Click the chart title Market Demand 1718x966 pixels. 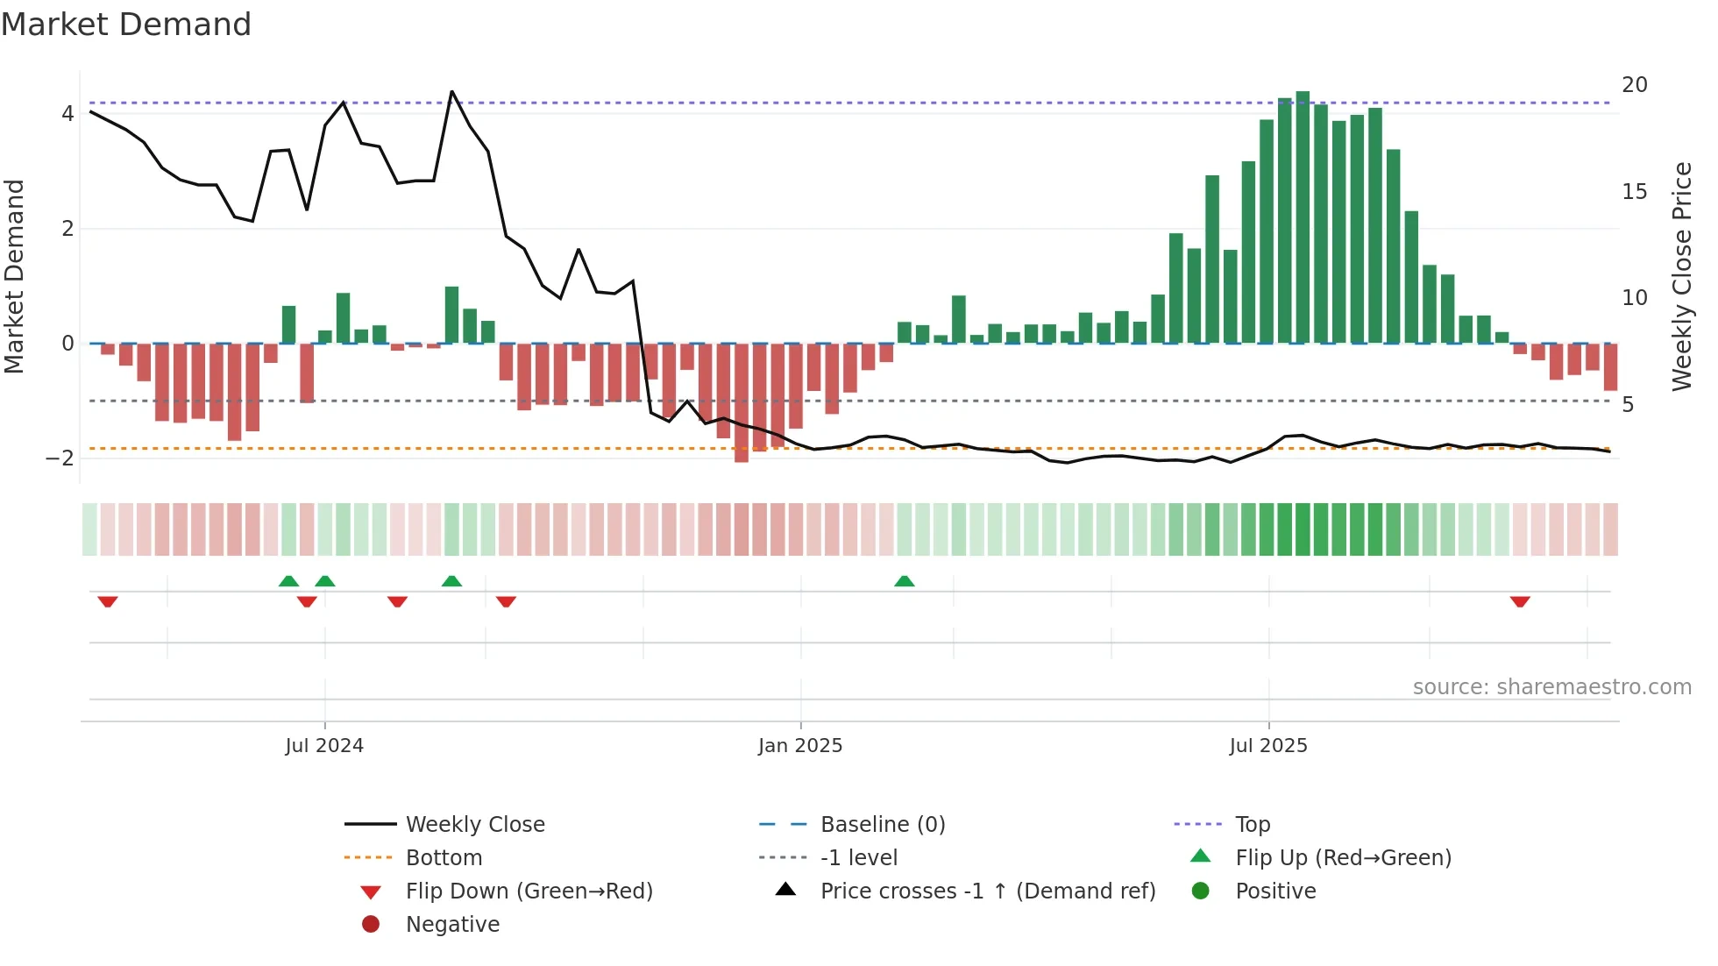126,25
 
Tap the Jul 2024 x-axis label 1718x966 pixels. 324,746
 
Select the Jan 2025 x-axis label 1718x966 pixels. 800,746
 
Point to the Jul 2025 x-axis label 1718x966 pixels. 1268,746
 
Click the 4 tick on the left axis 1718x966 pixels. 67,114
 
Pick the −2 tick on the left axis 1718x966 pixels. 60,458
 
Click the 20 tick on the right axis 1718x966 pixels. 1635,85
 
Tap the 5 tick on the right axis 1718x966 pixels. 1628,405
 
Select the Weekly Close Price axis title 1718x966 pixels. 1681,276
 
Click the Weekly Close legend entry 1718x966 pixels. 475,825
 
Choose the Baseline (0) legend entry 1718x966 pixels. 883,825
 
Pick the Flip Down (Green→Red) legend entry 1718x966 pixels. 529,891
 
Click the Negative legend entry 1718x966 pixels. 452,925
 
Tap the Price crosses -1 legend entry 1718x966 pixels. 987,891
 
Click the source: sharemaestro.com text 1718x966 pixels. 1551,687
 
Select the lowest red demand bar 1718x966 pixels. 742,403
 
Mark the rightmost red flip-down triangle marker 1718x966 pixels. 1520,601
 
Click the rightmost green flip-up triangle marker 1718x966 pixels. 905,581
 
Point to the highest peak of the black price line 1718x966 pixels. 452,91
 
